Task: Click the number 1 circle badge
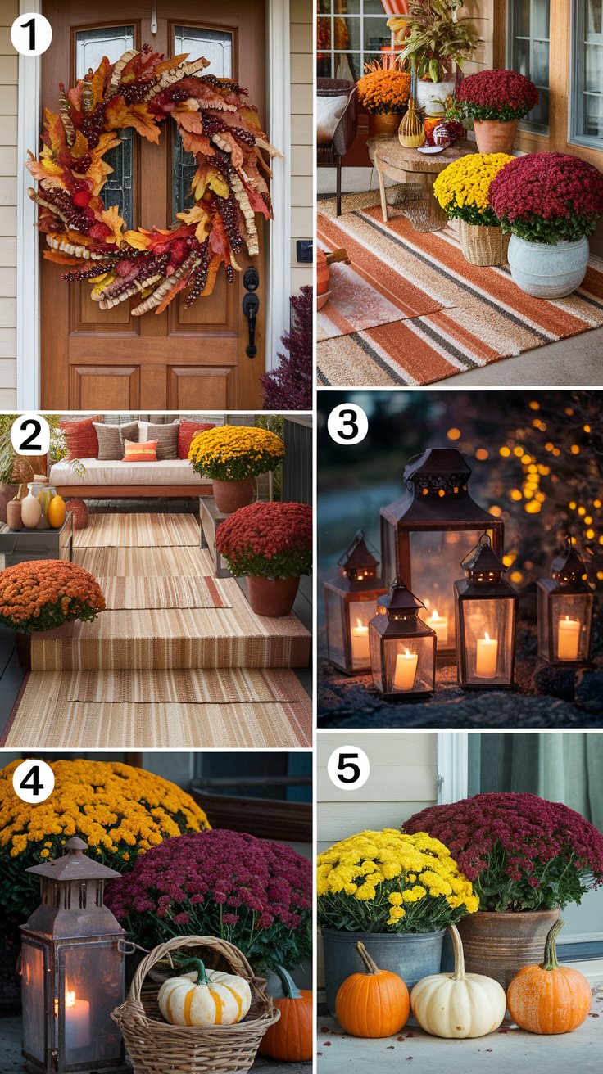point(31,34)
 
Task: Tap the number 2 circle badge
point(30,435)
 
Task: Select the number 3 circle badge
point(347,425)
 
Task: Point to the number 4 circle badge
point(33,781)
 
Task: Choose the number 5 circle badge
point(348,768)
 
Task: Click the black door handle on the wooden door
point(251,311)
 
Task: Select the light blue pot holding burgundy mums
point(547,265)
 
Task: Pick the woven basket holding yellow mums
point(483,242)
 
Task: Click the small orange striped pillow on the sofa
point(140,450)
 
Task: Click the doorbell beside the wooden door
point(304,251)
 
